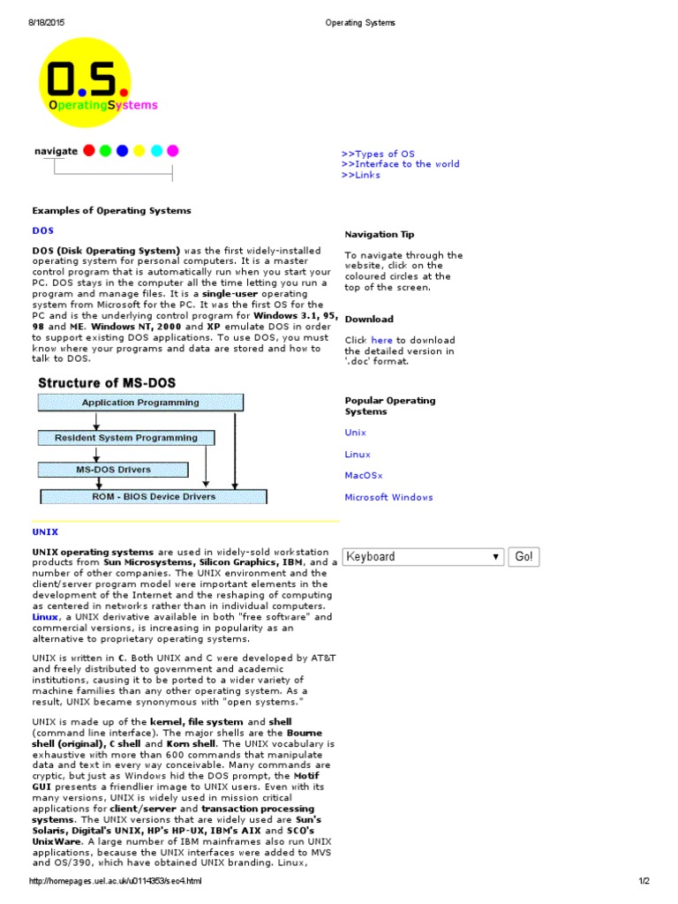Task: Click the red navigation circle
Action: pyautogui.click(x=89, y=150)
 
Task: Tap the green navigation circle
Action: pyautogui.click(x=106, y=150)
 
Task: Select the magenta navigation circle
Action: pyautogui.click(x=173, y=150)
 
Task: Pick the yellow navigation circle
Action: pyautogui.click(x=139, y=150)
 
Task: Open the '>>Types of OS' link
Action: pyautogui.click(x=378, y=154)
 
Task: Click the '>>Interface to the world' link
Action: pyautogui.click(x=400, y=164)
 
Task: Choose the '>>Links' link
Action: pyautogui.click(x=361, y=175)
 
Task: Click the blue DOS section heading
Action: pyautogui.click(x=43, y=230)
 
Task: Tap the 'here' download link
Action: pyautogui.click(x=381, y=340)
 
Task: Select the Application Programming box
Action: pyautogui.click(x=140, y=403)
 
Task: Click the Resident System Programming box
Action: pyautogui.click(x=125, y=437)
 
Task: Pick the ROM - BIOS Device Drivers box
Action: pyautogui.click(x=154, y=496)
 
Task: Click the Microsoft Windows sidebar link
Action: pyautogui.click(x=388, y=497)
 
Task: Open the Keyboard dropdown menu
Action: pyautogui.click(x=423, y=557)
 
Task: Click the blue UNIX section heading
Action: pyautogui.click(x=45, y=532)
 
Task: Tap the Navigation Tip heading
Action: pyautogui.click(x=379, y=234)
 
